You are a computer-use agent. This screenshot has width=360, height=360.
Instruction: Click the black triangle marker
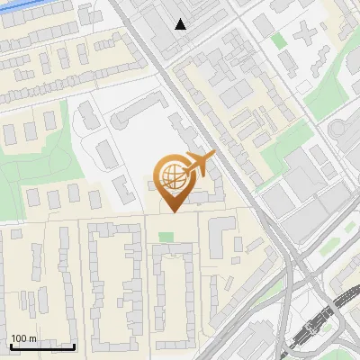tap(181, 24)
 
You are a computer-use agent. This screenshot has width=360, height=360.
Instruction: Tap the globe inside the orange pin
tap(174, 176)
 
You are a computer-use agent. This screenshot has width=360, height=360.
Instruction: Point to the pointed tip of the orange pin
tap(174, 211)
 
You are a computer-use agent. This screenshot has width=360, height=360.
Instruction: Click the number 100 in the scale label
tap(19, 339)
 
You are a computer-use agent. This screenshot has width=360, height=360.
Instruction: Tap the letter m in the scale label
tap(32, 339)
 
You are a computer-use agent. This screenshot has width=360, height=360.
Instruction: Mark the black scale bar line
tap(41, 346)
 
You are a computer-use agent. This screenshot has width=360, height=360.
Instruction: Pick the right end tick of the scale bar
tap(74, 345)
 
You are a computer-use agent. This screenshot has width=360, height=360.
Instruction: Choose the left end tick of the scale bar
tap(10, 345)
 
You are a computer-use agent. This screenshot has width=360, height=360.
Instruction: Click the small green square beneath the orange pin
tap(166, 237)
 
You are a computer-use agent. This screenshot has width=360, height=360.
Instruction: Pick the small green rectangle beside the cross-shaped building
tap(279, 40)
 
